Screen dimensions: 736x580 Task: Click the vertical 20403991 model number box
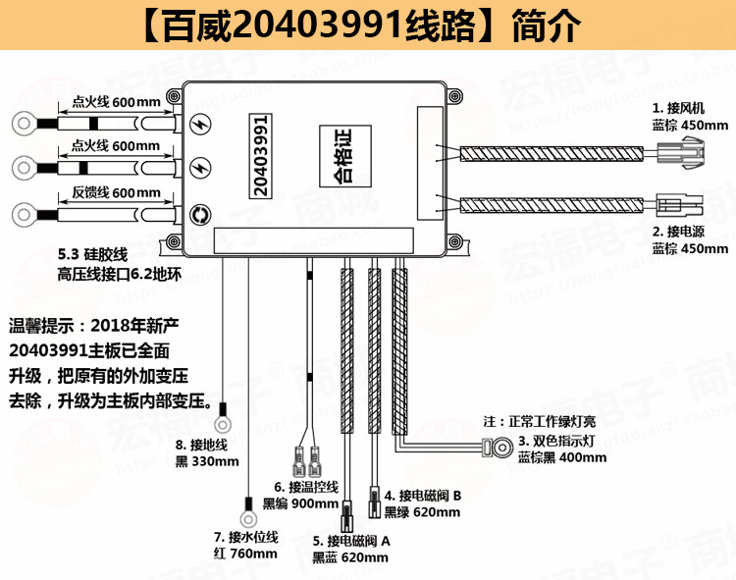260,157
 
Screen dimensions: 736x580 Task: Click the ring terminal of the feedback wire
23,214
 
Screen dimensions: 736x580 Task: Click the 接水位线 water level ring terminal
245,510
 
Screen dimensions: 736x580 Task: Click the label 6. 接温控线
306,487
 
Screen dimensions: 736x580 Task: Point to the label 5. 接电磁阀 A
352,541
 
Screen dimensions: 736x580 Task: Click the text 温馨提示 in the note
43,325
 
